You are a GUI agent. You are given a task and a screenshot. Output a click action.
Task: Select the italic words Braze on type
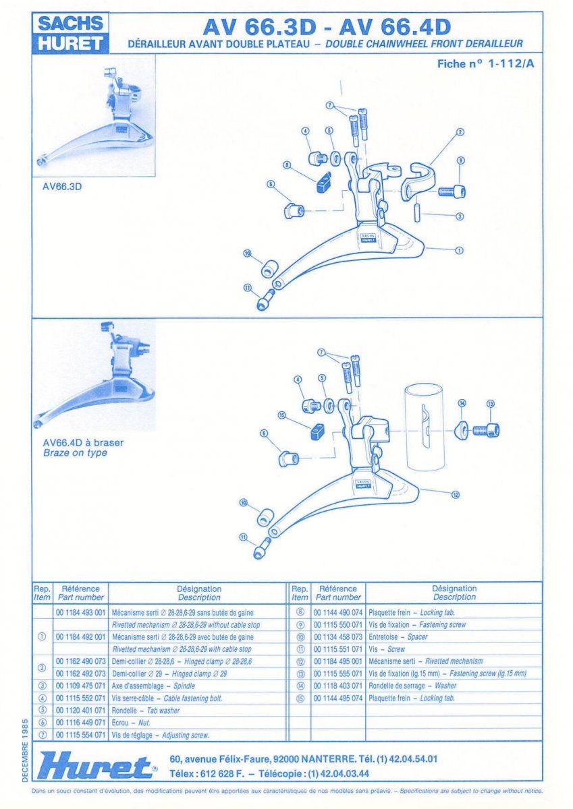[74, 453]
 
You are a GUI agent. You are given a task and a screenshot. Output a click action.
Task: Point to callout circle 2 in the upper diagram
[460, 132]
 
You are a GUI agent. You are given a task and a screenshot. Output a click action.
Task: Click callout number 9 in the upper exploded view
[460, 160]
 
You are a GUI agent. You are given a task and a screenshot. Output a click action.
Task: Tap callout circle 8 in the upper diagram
[287, 164]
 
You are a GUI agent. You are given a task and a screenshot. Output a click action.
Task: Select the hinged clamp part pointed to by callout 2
[418, 179]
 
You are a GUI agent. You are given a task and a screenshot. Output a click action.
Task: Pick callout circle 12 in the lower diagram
[456, 494]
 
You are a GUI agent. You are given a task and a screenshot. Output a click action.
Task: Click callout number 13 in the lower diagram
[491, 404]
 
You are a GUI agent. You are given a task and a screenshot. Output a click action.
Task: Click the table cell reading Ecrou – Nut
[132, 723]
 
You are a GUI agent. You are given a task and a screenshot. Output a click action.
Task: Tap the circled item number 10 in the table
[301, 636]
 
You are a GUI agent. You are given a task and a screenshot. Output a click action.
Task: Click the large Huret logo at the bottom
[94, 767]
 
